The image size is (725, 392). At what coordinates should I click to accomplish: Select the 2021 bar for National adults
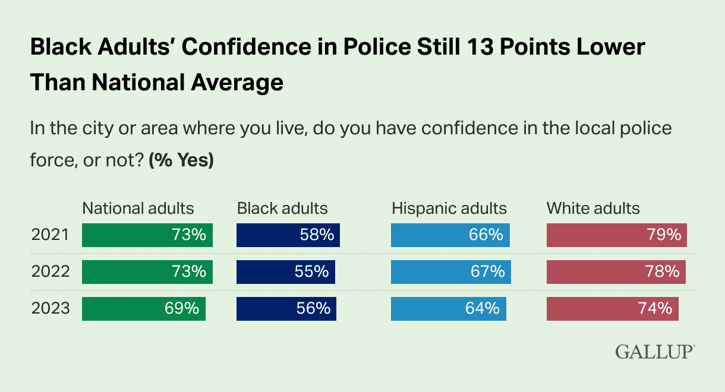147,235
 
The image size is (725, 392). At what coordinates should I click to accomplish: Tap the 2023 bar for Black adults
286,309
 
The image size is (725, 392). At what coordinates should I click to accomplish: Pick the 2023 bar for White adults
612,309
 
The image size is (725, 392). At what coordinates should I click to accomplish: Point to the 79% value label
664,235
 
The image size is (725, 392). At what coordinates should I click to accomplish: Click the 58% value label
317,235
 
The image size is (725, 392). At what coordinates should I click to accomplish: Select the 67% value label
488,272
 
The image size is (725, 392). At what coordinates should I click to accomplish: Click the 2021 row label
51,235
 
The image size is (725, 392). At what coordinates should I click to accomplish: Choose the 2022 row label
51,272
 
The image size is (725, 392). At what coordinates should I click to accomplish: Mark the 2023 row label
51,309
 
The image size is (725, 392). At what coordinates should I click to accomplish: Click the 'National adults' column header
138,208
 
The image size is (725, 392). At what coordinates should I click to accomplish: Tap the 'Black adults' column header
282,208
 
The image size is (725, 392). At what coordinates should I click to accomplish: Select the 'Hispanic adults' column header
449,208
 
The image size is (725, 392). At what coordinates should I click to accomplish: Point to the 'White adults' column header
593,208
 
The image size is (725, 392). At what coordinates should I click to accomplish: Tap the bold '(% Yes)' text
181,161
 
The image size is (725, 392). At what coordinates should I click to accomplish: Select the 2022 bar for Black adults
285,272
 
